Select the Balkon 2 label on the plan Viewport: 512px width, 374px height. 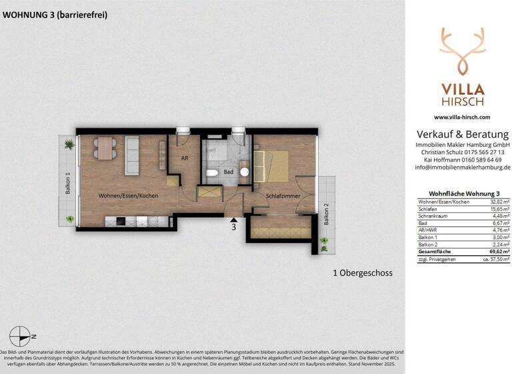[326, 214]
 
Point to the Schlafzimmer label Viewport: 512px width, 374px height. [282, 196]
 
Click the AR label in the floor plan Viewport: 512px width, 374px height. [186, 158]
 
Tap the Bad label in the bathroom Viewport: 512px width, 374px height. [228, 172]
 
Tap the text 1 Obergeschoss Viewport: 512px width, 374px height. [362, 273]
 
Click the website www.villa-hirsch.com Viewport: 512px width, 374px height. [461, 117]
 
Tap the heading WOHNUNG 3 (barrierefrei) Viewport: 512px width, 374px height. [55, 15]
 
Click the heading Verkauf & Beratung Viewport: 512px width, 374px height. [461, 134]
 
